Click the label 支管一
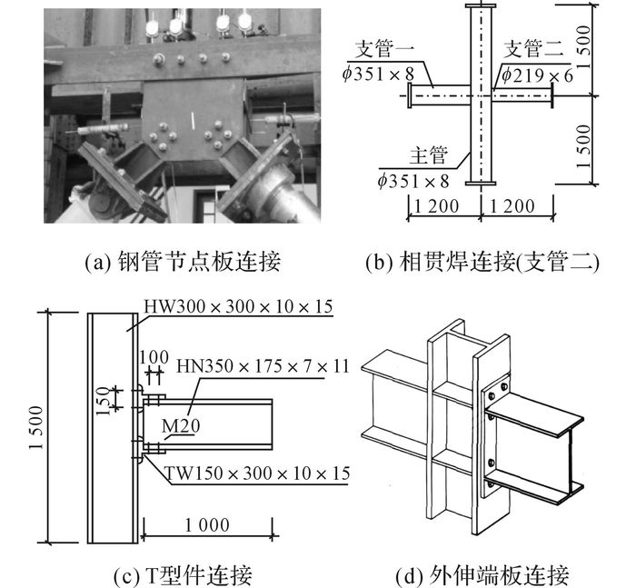[x=384, y=49]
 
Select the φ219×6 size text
[x=538, y=75]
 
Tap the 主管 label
[x=429, y=155]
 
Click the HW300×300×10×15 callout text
[x=238, y=306]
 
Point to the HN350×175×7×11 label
[x=263, y=366]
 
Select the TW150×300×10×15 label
[x=257, y=473]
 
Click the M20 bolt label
[x=181, y=425]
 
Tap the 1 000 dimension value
[x=207, y=525]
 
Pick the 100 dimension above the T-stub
[x=154, y=357]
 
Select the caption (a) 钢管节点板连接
[x=183, y=261]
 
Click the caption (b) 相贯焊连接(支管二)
[x=482, y=262]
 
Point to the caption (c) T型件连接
[x=183, y=576]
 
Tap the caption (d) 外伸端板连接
[x=482, y=576]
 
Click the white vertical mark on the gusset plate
[x=193, y=121]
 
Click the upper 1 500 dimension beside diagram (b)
[x=583, y=47]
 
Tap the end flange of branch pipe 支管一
[x=410, y=95]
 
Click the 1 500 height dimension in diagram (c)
[x=36, y=427]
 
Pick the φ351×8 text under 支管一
[x=378, y=75]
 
